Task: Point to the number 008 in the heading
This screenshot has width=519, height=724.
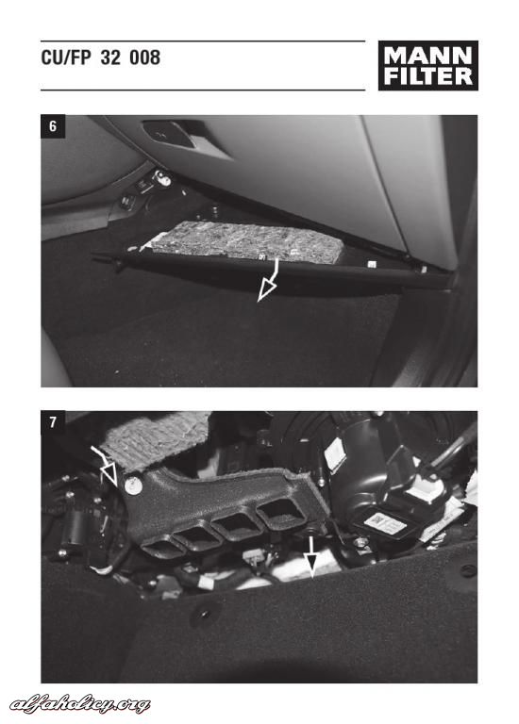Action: pos(144,58)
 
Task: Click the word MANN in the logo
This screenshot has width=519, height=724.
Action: pos(428,57)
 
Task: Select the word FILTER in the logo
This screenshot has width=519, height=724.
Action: pos(428,76)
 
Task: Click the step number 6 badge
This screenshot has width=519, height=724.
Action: pos(53,125)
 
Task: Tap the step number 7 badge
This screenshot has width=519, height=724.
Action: pos(53,422)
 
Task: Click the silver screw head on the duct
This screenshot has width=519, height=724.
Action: pos(133,485)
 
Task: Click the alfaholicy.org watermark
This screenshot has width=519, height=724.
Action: pos(79,704)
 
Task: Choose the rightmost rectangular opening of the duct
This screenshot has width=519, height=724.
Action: pos(280,511)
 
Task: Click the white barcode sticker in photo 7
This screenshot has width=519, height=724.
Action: pos(384,523)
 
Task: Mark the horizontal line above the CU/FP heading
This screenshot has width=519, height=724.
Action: pos(203,41)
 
